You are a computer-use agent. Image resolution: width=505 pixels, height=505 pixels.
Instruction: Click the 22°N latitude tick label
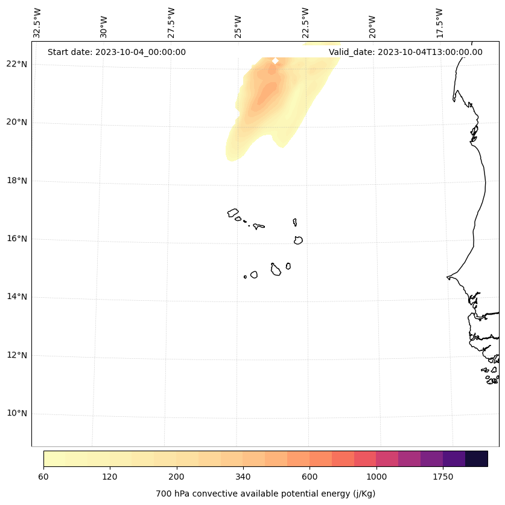point(16,64)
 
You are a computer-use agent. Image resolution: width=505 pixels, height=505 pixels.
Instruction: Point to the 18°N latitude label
point(16,181)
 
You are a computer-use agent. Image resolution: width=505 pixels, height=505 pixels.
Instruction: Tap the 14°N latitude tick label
point(16,297)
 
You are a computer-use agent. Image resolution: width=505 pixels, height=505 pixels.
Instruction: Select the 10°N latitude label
point(16,413)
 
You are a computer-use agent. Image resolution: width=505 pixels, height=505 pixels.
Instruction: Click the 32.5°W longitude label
point(37,23)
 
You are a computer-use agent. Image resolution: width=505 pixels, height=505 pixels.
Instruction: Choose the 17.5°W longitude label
point(439,23)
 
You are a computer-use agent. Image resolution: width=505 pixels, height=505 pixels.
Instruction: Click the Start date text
point(116,52)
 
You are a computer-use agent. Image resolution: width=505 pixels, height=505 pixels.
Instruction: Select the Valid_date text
point(405,52)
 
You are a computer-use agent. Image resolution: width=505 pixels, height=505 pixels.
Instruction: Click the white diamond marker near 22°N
point(275,60)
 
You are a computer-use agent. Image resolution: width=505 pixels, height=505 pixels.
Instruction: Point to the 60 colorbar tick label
point(43,477)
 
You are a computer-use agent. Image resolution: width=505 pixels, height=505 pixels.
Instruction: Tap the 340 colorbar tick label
point(243,477)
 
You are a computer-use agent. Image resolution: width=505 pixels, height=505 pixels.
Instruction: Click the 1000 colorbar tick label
point(376,477)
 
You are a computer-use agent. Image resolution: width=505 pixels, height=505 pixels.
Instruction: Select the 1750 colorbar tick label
point(443,477)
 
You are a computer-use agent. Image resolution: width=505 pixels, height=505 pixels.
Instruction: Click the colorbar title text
point(265,494)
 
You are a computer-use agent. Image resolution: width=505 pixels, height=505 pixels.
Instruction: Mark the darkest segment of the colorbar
point(477,458)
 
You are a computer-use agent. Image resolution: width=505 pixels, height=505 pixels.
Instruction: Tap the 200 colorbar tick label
point(177,477)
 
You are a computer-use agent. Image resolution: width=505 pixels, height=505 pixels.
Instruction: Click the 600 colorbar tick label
point(310,477)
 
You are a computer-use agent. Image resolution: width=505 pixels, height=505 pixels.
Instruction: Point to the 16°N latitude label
point(16,239)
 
